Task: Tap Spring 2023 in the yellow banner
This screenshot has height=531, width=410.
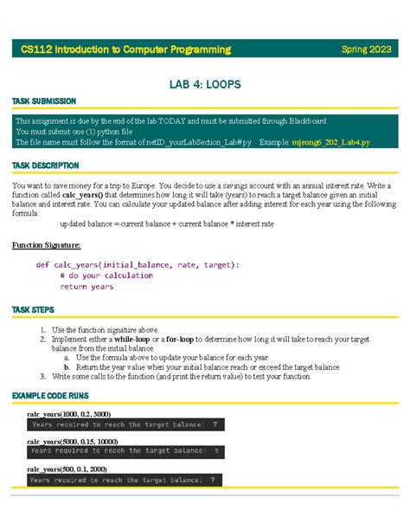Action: coord(367,49)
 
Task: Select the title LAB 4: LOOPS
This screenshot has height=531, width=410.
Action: coord(204,84)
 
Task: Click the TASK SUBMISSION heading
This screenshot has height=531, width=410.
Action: coord(43,102)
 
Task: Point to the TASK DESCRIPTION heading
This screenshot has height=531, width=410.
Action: coord(45,165)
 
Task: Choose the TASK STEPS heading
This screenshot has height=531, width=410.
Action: coord(33,309)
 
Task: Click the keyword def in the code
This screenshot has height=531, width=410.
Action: coord(42,264)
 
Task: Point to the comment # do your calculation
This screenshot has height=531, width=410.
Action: coord(107,275)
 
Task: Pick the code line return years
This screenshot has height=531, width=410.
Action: coord(86,287)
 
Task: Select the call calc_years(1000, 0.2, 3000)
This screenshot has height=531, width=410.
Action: coord(69,414)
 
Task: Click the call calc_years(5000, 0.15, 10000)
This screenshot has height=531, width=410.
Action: coord(73,442)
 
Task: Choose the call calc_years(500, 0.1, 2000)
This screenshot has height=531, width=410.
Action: coord(67,469)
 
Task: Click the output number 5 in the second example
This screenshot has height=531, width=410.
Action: coord(216,451)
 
